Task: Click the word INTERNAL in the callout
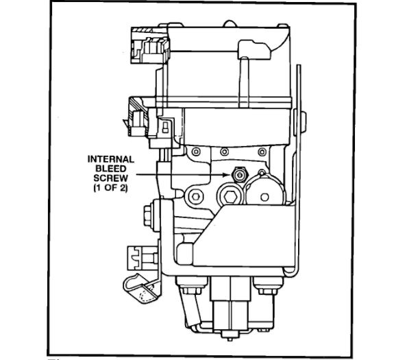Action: coord(111,159)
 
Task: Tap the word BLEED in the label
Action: coord(111,169)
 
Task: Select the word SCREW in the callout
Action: coord(111,178)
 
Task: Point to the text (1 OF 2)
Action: coord(111,188)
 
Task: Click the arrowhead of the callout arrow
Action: coord(227,175)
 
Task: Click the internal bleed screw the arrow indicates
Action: coord(240,175)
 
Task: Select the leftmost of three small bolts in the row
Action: coord(196,152)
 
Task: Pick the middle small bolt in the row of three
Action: coord(224,152)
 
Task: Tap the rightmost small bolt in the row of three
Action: coord(262,152)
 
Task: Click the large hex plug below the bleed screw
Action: coord(230,197)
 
